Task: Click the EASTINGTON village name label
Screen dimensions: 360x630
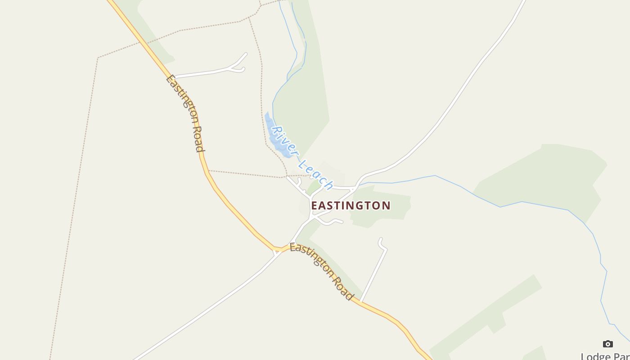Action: tap(351, 206)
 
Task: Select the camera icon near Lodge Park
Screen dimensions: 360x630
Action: tap(607, 344)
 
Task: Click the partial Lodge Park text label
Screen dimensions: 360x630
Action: tap(605, 356)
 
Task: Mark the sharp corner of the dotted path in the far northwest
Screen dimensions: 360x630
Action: tap(98, 58)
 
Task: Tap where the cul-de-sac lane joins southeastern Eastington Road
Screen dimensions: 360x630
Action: tap(361, 302)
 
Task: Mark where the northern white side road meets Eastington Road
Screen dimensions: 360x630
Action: tap(175, 77)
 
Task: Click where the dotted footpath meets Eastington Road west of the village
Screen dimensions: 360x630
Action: tap(208, 171)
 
